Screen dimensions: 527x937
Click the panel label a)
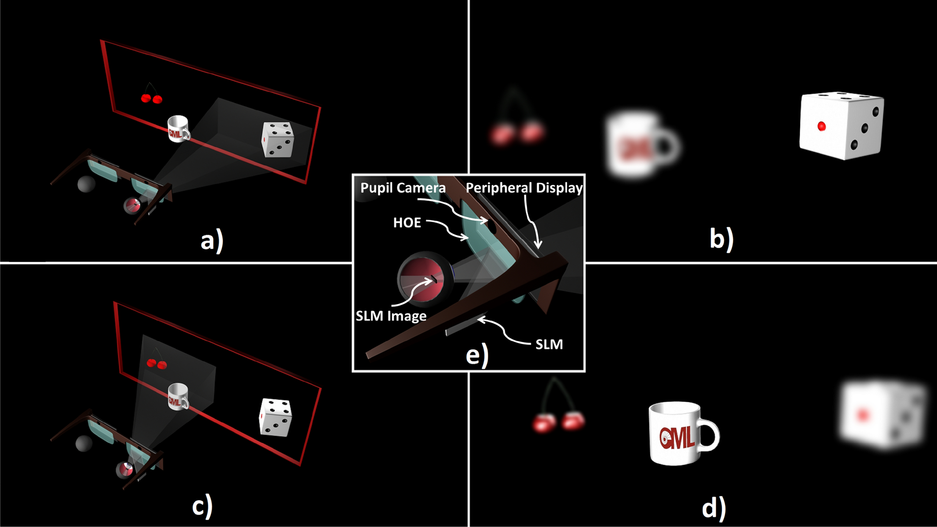(x=212, y=241)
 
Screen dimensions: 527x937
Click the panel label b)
(x=721, y=238)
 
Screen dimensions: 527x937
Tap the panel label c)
(x=202, y=506)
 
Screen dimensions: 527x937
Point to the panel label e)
(x=477, y=354)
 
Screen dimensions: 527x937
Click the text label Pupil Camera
(x=403, y=188)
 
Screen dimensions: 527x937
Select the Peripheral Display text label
(x=524, y=188)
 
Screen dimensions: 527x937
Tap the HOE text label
(x=407, y=223)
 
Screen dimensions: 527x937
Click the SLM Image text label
(x=391, y=316)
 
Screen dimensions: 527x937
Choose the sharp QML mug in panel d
(x=682, y=434)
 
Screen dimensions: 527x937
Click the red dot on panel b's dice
(x=822, y=126)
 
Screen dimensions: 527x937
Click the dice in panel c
(x=275, y=417)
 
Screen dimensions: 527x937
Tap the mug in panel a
(x=178, y=129)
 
